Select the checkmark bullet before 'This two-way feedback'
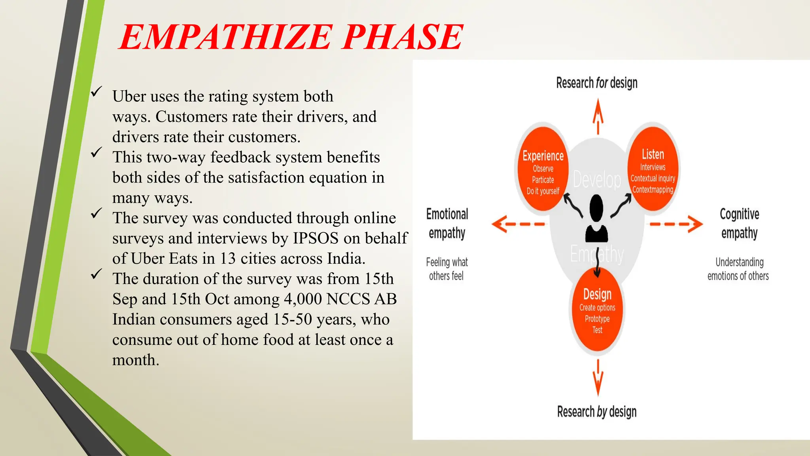coord(96,152)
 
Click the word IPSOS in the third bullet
coord(316,238)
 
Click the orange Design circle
coord(597,311)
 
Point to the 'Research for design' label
coord(596,83)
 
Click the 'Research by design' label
coord(596,412)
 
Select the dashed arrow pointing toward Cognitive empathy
coord(676,224)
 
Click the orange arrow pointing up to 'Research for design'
coord(598,117)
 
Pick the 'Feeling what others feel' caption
coord(447,269)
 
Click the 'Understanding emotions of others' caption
coord(738,269)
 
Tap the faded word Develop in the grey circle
coord(597,180)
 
